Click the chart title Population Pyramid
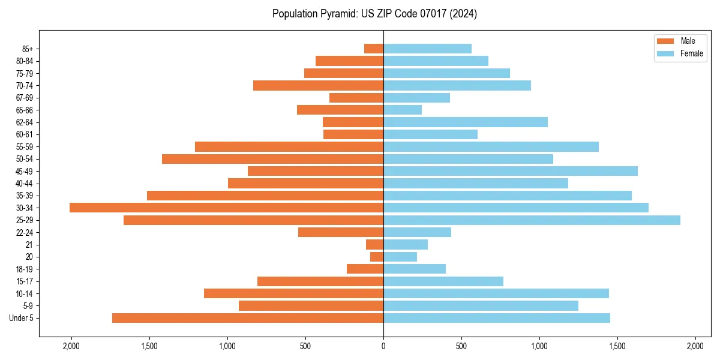pyautogui.click(x=374, y=14)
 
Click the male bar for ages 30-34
pyautogui.click(x=226, y=208)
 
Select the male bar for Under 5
pyautogui.click(x=248, y=318)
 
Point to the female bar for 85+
pyautogui.click(x=427, y=49)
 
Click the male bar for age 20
pyautogui.click(x=377, y=257)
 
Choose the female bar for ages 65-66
pyautogui.click(x=403, y=110)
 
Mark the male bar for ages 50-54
pyautogui.click(x=272, y=159)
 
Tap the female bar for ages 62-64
pyautogui.click(x=466, y=122)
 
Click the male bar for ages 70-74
pyautogui.click(x=318, y=85)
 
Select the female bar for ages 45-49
pyautogui.click(x=511, y=171)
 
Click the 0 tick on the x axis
pyautogui.click(x=383, y=346)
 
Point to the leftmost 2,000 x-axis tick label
pyautogui.click(x=71, y=346)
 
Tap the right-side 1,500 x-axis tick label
pyautogui.click(x=617, y=346)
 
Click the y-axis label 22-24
pyautogui.click(x=24, y=232)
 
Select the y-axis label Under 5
pyautogui.click(x=21, y=318)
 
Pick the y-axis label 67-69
pyautogui.click(x=24, y=98)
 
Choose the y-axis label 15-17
pyautogui.click(x=24, y=281)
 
